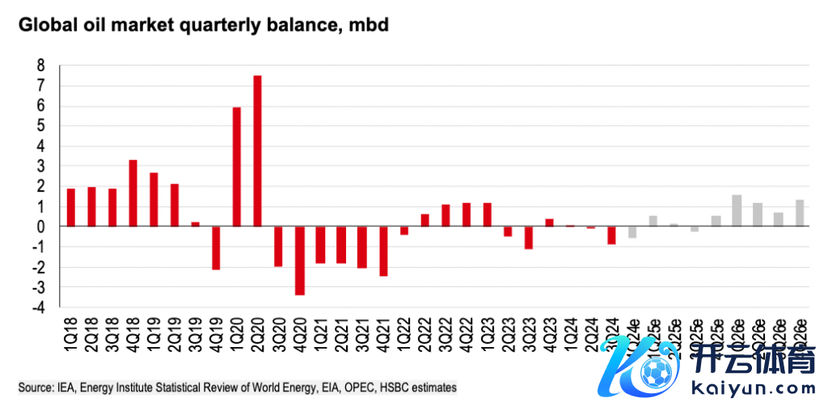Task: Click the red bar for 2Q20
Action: click(x=258, y=151)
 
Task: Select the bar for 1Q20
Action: click(x=237, y=167)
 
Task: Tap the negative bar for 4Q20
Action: click(x=299, y=260)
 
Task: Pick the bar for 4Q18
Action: click(x=133, y=193)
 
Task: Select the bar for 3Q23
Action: click(x=529, y=237)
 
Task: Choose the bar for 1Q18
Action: click(x=70, y=207)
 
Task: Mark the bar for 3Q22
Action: click(x=446, y=215)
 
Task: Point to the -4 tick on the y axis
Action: click(x=36, y=307)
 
